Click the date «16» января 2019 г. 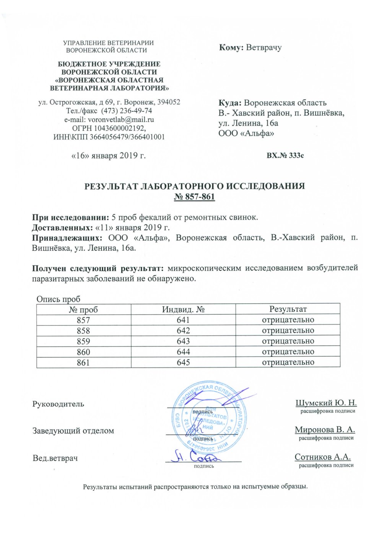(x=109, y=156)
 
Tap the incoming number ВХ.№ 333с (x=285, y=156)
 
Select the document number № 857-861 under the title (x=194, y=197)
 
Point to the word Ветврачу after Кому (x=264, y=48)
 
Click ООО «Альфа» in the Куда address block (x=246, y=134)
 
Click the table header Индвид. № (x=183, y=309)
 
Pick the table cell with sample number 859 (x=83, y=341)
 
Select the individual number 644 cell (x=183, y=352)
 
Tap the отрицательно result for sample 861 (x=288, y=362)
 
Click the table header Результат (x=288, y=309)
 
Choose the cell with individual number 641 (x=183, y=320)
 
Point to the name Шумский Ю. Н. (x=326, y=403)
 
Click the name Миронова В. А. (x=325, y=430)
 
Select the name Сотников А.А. (x=323, y=457)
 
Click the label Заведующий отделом (x=73, y=431)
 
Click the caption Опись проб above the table (x=58, y=299)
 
